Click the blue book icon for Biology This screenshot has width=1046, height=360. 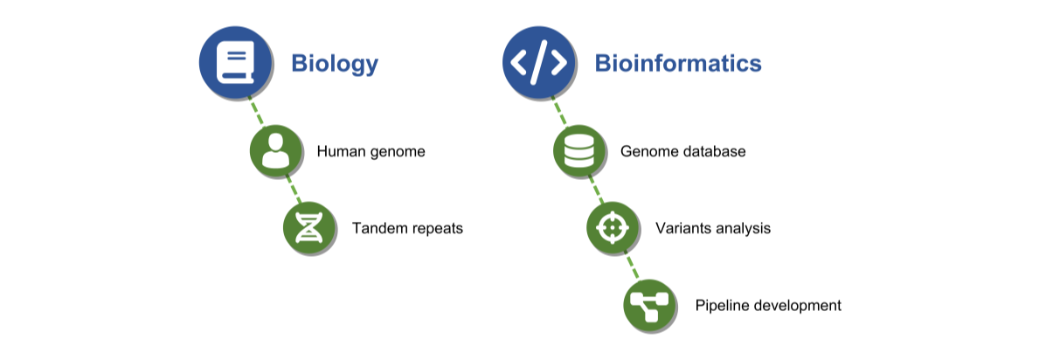pos(235,62)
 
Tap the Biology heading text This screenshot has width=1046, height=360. pos(334,64)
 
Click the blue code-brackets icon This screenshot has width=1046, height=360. pos(538,62)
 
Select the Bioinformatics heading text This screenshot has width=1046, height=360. pos(678,63)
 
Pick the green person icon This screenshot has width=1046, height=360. pos(276,150)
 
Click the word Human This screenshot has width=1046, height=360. pos(340,151)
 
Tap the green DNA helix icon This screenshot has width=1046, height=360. pos(308,228)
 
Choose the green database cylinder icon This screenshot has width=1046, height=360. pos(579,150)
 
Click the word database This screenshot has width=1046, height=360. pos(714,151)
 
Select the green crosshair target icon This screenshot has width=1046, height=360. pos(613,228)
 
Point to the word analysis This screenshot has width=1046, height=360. pos(743,229)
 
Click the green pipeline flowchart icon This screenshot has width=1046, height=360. pos(649,305)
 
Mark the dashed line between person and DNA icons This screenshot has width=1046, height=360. pos(293,190)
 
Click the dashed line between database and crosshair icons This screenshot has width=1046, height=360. pos(596,190)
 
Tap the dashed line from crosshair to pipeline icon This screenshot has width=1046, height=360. pos(631,267)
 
